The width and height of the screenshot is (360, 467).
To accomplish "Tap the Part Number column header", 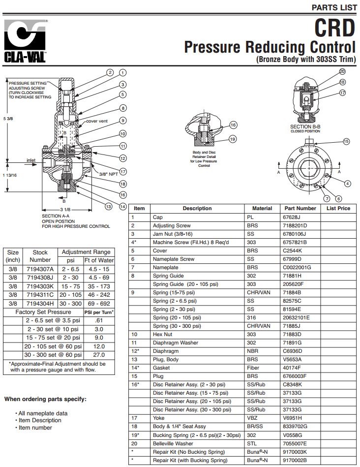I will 300,208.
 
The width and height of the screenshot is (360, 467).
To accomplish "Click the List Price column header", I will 338,208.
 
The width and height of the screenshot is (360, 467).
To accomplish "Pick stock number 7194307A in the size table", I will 40,269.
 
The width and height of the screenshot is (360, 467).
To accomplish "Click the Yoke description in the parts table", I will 158,417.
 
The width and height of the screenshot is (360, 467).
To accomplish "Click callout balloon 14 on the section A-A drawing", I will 123,206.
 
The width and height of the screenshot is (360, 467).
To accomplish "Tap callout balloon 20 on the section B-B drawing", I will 342,71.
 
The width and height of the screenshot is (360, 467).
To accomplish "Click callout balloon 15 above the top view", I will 346,141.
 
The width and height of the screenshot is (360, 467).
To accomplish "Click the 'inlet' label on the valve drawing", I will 31,160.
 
